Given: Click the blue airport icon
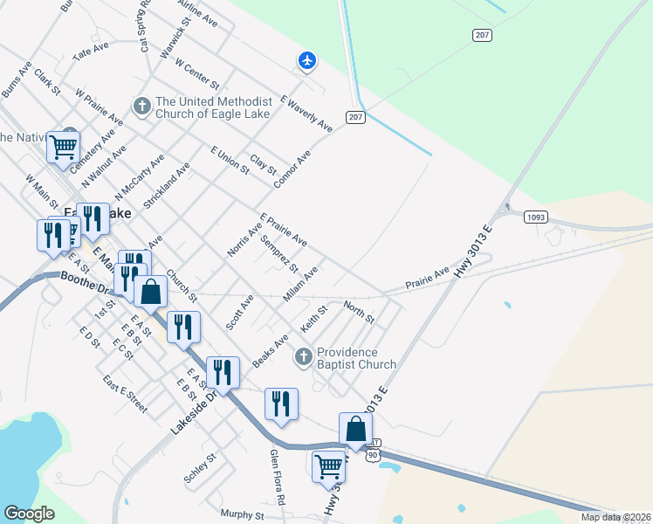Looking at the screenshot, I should [x=306, y=60].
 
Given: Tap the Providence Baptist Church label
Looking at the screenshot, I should [x=356, y=358].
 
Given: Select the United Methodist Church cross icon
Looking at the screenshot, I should [x=142, y=106].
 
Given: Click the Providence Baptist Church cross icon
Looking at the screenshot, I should [x=303, y=355].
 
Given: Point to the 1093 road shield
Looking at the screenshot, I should [x=535, y=217].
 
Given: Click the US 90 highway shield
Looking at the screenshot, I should [x=373, y=456].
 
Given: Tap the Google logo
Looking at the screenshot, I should [x=31, y=514].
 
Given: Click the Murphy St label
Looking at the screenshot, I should [x=242, y=514].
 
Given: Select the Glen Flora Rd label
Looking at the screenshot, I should [x=277, y=478].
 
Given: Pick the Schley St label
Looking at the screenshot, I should [x=200, y=470].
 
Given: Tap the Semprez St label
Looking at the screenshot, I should [x=279, y=254].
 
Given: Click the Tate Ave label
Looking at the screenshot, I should [x=93, y=52].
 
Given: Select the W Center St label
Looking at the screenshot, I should [x=196, y=72].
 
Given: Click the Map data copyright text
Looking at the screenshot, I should [x=615, y=517].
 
